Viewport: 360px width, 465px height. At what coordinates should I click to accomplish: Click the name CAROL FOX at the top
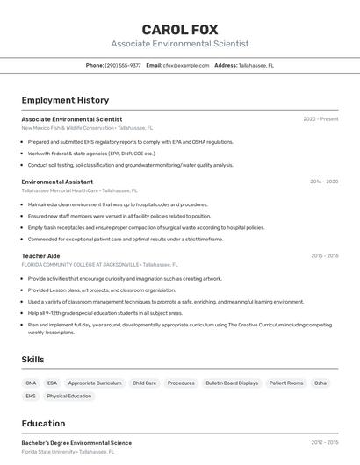(x=180, y=29)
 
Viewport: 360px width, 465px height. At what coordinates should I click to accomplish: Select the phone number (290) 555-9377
(x=123, y=65)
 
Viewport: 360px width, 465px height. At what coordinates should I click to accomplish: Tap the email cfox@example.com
(x=180, y=65)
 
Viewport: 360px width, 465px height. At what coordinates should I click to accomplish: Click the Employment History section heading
(x=65, y=100)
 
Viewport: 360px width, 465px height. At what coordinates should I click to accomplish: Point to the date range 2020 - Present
(x=320, y=119)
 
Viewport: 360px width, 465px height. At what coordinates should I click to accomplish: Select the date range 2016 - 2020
(x=324, y=182)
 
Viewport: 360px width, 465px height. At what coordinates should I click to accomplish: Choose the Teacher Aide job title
(x=40, y=256)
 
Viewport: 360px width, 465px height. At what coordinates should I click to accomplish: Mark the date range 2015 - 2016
(x=324, y=256)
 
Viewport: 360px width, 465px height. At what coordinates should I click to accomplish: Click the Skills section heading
(x=32, y=360)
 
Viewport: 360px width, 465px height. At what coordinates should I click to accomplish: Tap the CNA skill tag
(x=31, y=383)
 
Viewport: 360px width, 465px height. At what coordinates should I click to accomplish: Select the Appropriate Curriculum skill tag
(x=95, y=383)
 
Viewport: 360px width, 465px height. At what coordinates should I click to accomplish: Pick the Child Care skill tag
(x=144, y=383)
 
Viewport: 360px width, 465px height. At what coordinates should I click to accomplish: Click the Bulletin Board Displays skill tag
(x=232, y=383)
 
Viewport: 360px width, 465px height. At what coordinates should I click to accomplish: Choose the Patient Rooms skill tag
(x=286, y=383)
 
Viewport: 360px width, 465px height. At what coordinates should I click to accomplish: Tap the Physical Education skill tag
(x=69, y=397)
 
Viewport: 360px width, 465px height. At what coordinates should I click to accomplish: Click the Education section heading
(x=43, y=424)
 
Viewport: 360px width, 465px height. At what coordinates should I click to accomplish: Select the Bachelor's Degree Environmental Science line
(x=76, y=443)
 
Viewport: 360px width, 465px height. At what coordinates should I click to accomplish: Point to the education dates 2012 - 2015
(x=324, y=443)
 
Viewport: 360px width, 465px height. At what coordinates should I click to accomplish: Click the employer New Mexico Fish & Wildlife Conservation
(x=68, y=128)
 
